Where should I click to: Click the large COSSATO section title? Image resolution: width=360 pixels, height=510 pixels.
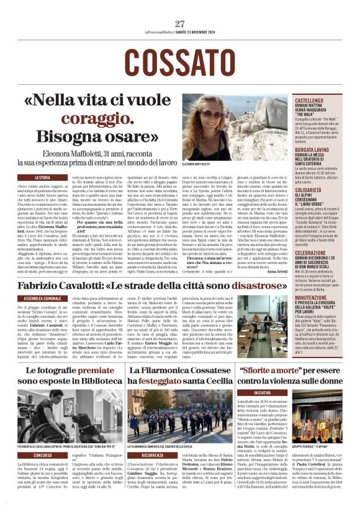click(x=180, y=60)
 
